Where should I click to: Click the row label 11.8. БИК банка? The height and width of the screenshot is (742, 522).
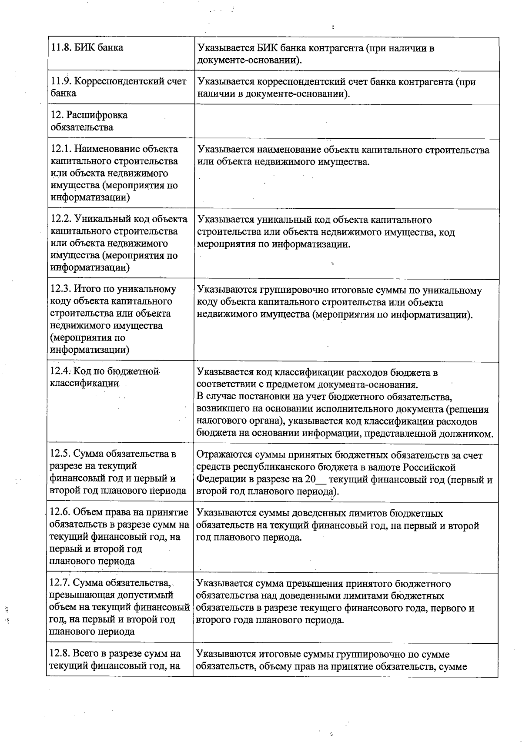(87, 47)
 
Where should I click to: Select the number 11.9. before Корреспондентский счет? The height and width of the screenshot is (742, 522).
(61, 81)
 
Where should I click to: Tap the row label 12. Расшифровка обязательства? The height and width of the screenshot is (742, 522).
(89, 121)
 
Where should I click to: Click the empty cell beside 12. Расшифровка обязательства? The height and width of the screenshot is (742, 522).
(346, 121)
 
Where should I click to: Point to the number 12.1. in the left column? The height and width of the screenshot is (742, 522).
(61, 149)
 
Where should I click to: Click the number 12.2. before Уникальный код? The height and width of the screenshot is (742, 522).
(61, 219)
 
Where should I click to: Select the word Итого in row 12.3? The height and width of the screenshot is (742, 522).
(86, 289)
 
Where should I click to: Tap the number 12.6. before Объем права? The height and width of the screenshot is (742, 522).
(60, 512)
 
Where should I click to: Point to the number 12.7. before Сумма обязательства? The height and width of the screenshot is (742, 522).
(60, 583)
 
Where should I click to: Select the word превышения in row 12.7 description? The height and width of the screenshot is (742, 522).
(308, 584)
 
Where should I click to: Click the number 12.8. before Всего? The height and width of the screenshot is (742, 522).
(60, 654)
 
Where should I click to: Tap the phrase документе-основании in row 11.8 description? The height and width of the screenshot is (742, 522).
(248, 60)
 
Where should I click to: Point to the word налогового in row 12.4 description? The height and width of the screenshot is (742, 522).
(219, 421)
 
